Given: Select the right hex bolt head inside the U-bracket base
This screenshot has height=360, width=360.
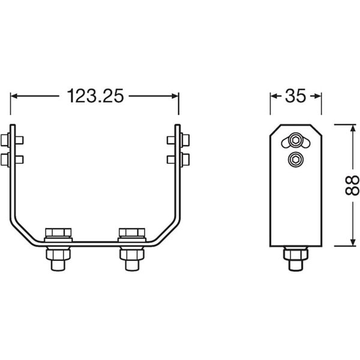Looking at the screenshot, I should click(x=131, y=233).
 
